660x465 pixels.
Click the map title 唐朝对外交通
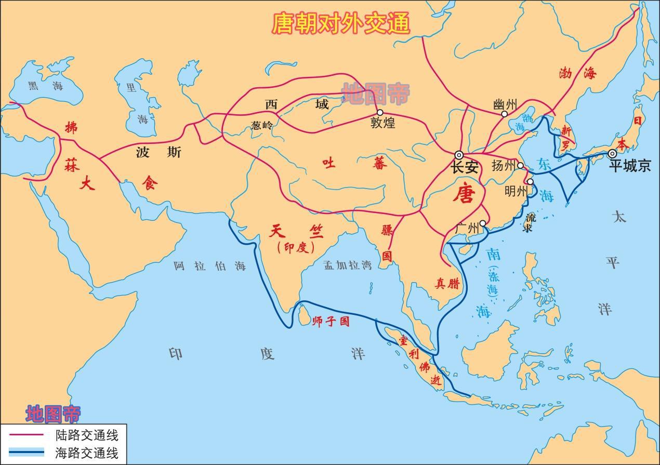[x=341, y=23]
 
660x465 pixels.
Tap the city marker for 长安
[x=459, y=155]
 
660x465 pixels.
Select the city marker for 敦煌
[x=380, y=113]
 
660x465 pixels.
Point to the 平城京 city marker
[x=612, y=154]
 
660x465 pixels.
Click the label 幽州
[x=505, y=104]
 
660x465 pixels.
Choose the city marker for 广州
[x=483, y=223]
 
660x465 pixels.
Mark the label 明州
[x=516, y=191]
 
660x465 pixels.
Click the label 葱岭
[x=261, y=125]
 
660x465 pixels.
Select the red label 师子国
[x=331, y=322]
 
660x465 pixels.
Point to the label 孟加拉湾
[x=348, y=265]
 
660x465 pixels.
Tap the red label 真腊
[x=447, y=283]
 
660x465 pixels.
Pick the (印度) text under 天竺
[x=296, y=247]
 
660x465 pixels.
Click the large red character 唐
[x=464, y=194]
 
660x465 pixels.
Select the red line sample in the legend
[x=25, y=434]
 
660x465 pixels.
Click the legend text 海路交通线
[x=87, y=453]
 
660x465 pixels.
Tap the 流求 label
[x=530, y=222]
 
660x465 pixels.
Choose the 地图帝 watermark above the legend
[x=53, y=414]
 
